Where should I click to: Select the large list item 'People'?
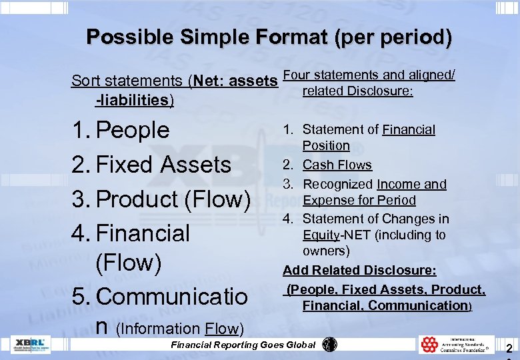(133, 129)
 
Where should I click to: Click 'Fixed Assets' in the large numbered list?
(163, 164)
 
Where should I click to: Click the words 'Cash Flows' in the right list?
(337, 165)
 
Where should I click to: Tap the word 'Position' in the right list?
(326, 145)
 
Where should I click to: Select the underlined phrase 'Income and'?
(411, 184)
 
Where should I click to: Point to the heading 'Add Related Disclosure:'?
(359, 270)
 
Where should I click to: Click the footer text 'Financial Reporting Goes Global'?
(243, 345)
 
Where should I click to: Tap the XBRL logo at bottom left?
(31, 344)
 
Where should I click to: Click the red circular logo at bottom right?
(429, 344)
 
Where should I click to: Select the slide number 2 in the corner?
(509, 347)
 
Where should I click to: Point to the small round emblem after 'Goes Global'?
(329, 344)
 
